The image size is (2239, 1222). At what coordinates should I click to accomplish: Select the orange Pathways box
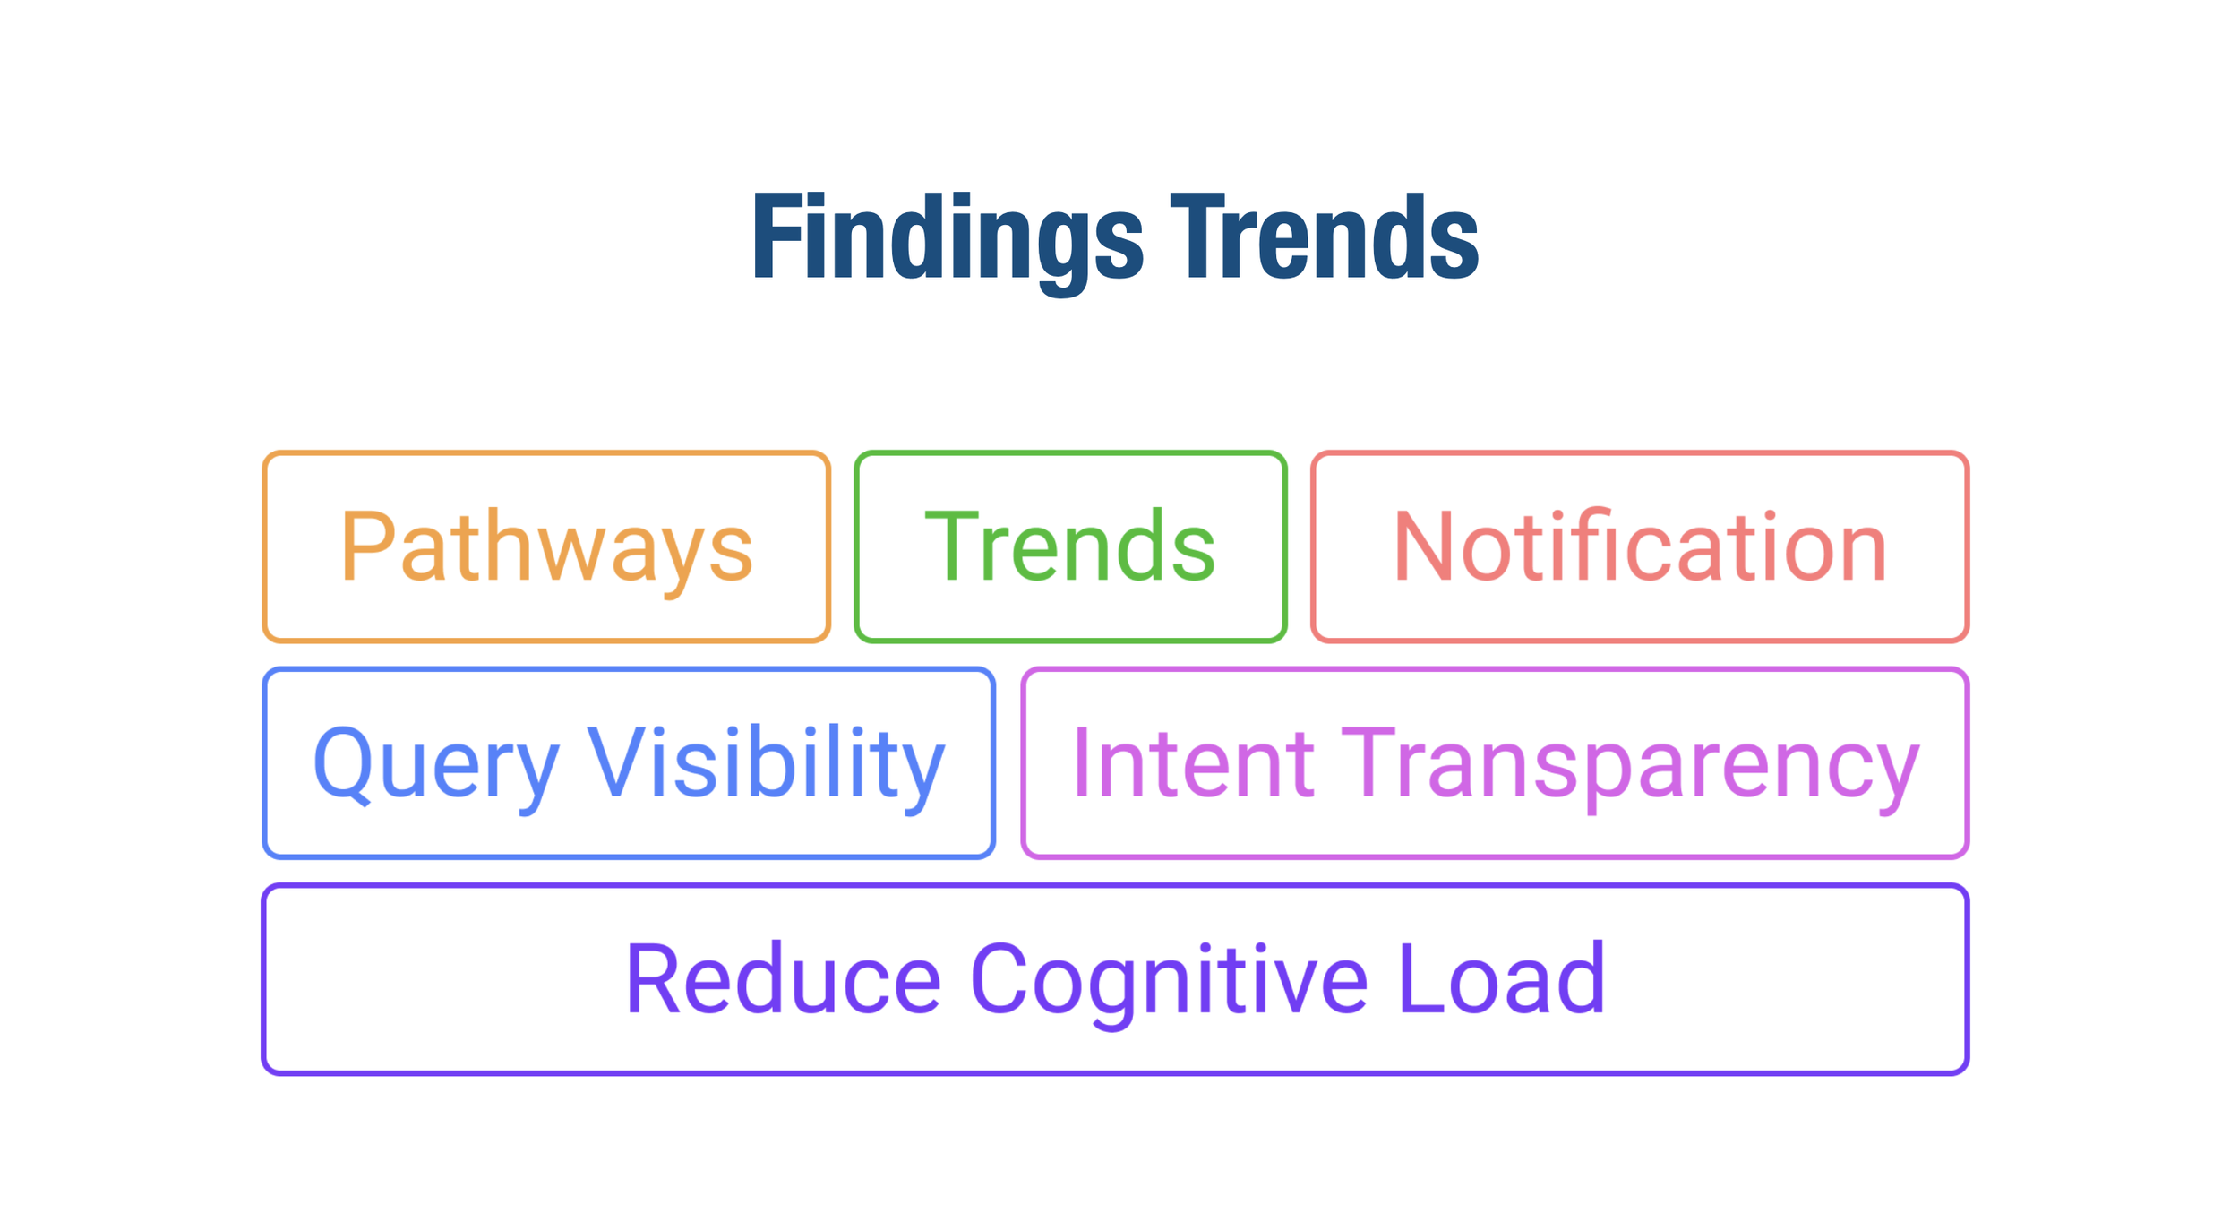(x=545, y=546)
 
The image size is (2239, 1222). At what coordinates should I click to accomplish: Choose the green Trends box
(x=1070, y=546)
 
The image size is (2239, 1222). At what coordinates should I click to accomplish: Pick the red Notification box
(x=1639, y=546)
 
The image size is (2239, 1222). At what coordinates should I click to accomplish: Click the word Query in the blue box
(x=436, y=764)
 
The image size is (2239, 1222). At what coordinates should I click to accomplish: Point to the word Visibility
(x=766, y=764)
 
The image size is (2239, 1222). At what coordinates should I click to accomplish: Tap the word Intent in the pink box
(x=1192, y=764)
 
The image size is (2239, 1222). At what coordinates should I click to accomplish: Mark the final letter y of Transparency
(x=1898, y=773)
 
